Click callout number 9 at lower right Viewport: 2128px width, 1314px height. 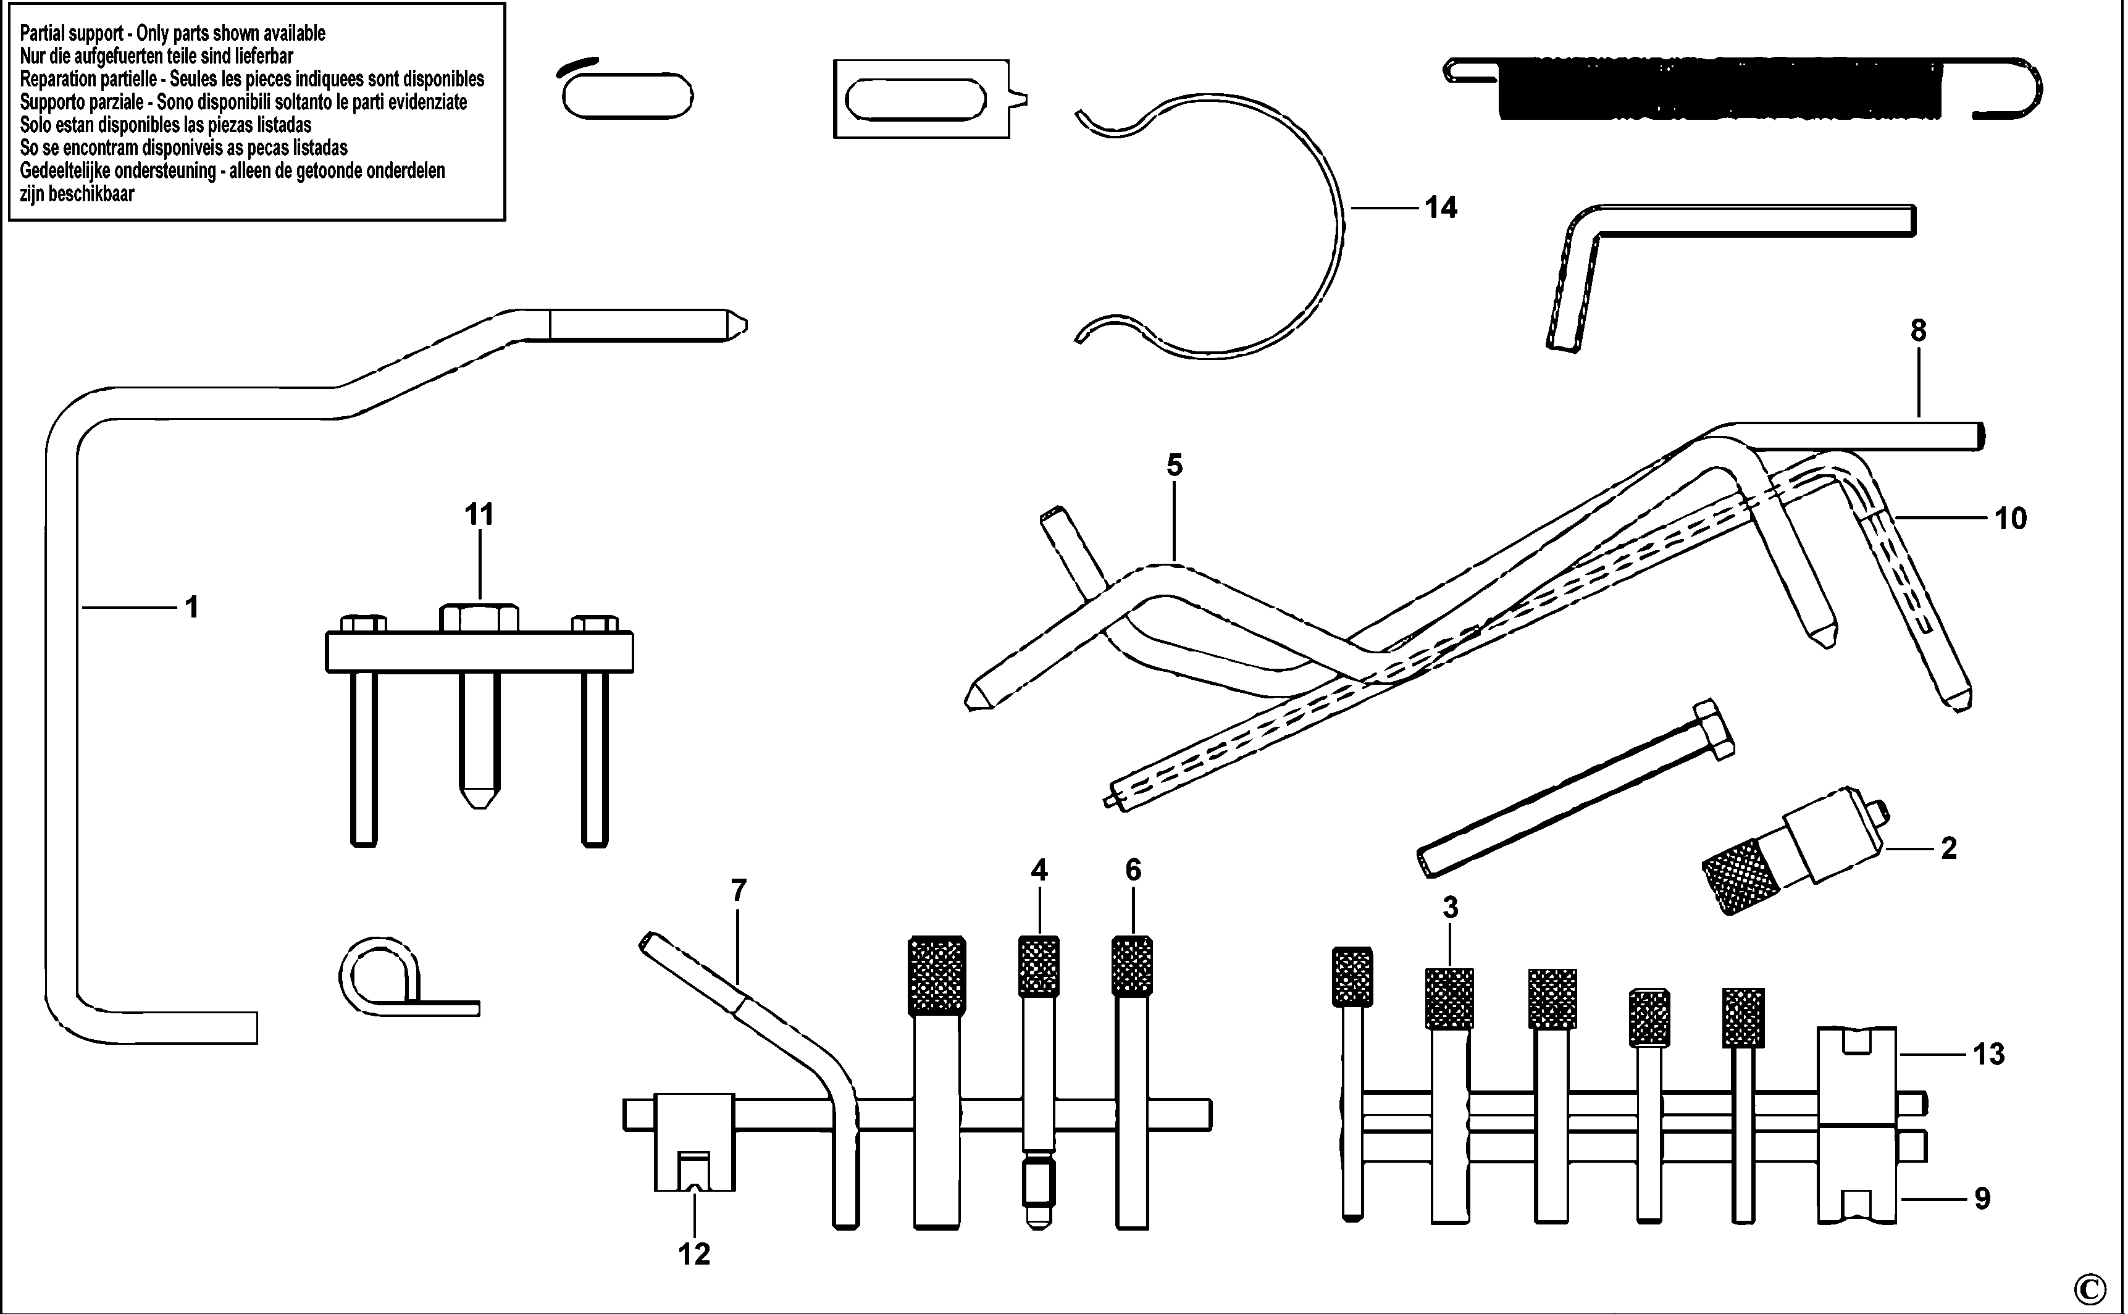tap(1982, 1199)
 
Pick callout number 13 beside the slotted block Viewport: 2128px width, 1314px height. tap(1988, 1054)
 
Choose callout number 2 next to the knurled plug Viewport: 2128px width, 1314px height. tap(1949, 848)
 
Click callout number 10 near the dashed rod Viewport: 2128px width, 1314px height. tap(2010, 519)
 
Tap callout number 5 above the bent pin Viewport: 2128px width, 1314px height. tap(1174, 466)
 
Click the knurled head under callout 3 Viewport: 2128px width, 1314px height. tap(1449, 998)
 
